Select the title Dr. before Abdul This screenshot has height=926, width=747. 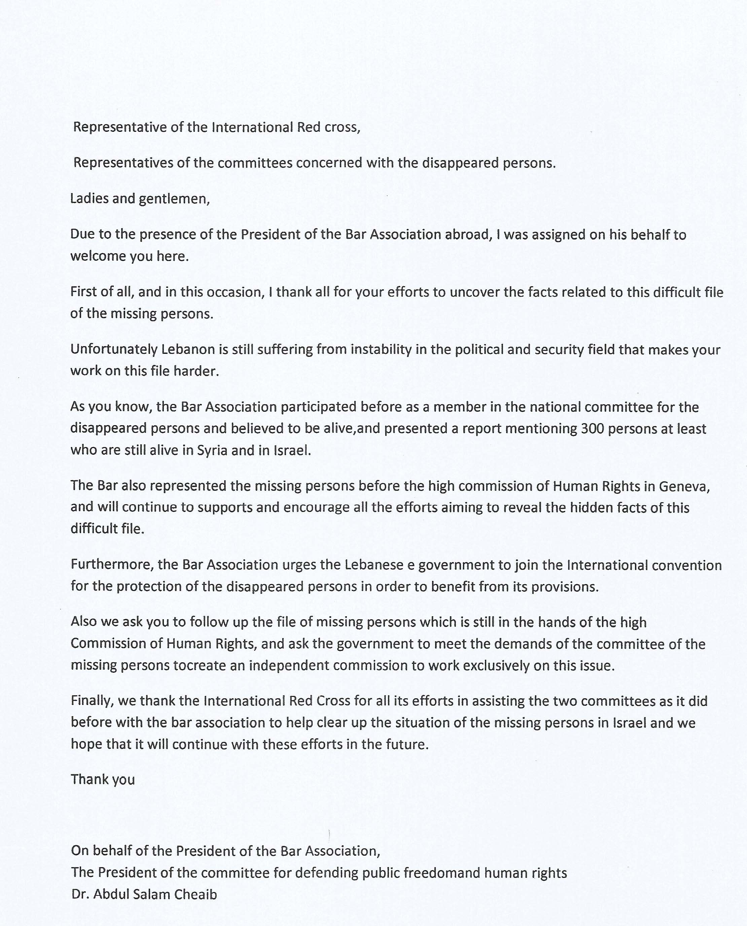(x=80, y=894)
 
